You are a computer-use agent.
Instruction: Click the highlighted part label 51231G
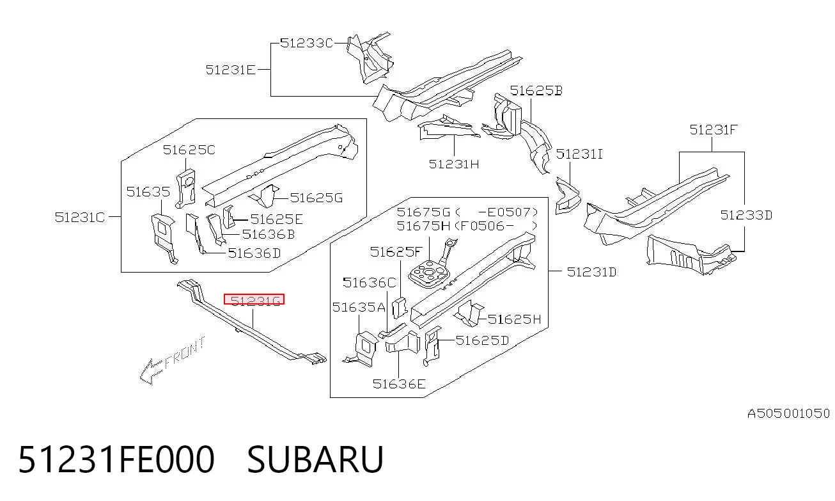pyautogui.click(x=254, y=299)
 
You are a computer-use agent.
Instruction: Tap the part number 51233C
pyautogui.click(x=306, y=44)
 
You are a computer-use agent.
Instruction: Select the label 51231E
pyautogui.click(x=231, y=70)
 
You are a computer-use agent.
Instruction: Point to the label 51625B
pyautogui.click(x=536, y=91)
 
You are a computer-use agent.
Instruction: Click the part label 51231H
pyautogui.click(x=454, y=164)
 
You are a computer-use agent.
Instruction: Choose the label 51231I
pyautogui.click(x=579, y=154)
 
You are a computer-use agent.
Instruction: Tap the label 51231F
pyautogui.click(x=713, y=130)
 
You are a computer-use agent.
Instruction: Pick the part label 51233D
pyautogui.click(x=746, y=215)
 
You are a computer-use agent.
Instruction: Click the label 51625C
pyautogui.click(x=189, y=150)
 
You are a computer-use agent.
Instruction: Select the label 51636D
pyautogui.click(x=254, y=253)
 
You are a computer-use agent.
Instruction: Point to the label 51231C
pyautogui.click(x=80, y=217)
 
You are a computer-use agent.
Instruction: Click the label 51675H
pyautogui.click(x=423, y=226)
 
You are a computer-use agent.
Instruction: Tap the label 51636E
pyautogui.click(x=399, y=384)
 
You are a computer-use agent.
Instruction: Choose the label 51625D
pyautogui.click(x=482, y=340)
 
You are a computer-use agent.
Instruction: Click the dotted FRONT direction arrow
pyautogui.click(x=172, y=360)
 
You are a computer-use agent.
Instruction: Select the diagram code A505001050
pyautogui.click(x=789, y=413)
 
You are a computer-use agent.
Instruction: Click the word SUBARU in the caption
pyautogui.click(x=315, y=459)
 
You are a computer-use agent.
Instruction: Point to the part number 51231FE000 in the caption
pyautogui.click(x=116, y=459)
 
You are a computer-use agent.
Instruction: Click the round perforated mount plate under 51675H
pyautogui.click(x=428, y=274)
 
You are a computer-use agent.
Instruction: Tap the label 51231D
pyautogui.click(x=591, y=272)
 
